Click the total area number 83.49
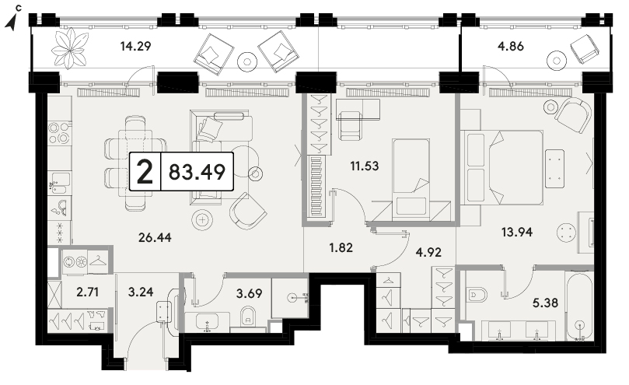pos(197,172)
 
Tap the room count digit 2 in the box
pos(145,171)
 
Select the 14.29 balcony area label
pos(135,46)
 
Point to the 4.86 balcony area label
pos(511,46)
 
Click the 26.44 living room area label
pos(155,238)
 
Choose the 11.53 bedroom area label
pos(364,166)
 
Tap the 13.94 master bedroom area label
pos(517,232)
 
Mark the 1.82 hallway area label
pos(341,247)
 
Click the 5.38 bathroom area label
pos(545,303)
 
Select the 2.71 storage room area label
pos(87,292)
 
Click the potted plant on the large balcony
pos(70,48)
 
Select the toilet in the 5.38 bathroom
pos(477,294)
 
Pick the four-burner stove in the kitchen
pos(58,133)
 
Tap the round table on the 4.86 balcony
pos(557,61)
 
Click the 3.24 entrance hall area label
pos(141,292)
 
